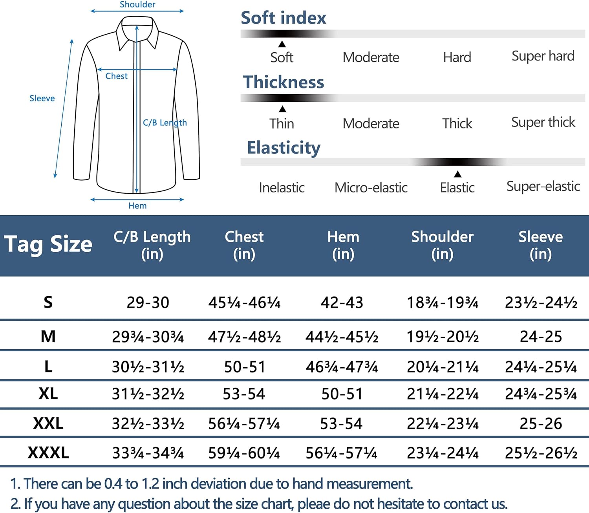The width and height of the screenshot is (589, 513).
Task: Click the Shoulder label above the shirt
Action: [x=137, y=5]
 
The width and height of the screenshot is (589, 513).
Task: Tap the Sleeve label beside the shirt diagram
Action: [x=42, y=98]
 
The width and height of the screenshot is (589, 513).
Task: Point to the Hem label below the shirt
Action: [x=137, y=206]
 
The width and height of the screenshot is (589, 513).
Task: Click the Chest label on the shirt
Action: [x=116, y=76]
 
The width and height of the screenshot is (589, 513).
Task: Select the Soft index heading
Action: [x=283, y=18]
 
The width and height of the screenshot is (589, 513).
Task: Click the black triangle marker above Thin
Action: [x=282, y=109]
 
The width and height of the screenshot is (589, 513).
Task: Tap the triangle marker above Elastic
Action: [x=457, y=174]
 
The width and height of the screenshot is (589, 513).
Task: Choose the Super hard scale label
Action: [x=543, y=56]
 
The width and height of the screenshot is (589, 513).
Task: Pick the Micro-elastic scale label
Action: [x=371, y=188]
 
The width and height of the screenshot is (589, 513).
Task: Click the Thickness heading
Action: [x=284, y=82]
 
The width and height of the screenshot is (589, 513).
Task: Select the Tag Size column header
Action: [x=48, y=244]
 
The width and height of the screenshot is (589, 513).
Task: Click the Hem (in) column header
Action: [x=343, y=245]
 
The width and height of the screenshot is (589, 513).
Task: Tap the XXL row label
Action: [x=48, y=423]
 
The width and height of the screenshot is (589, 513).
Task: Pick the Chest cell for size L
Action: [x=244, y=367]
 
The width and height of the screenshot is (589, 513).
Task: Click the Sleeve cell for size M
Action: [x=541, y=337]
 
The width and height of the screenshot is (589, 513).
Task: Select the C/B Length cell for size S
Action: [x=148, y=302]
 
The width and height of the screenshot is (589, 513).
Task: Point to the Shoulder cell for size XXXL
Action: [x=443, y=453]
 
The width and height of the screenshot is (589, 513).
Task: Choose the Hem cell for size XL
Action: [x=342, y=394]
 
